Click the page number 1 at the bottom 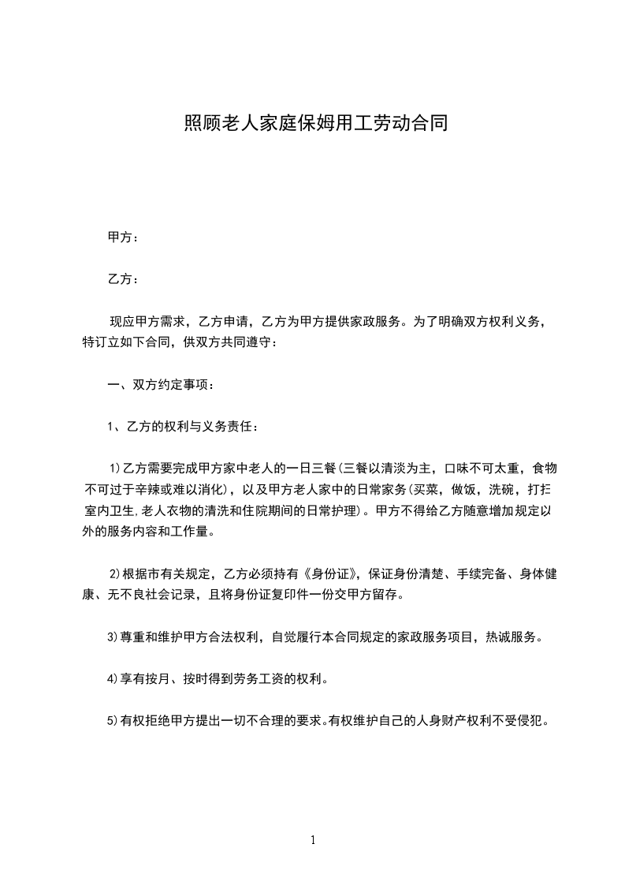point(313,840)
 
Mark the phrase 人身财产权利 point(446,719)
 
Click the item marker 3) point(113,636)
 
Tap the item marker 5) point(113,719)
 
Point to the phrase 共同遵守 point(248,342)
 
